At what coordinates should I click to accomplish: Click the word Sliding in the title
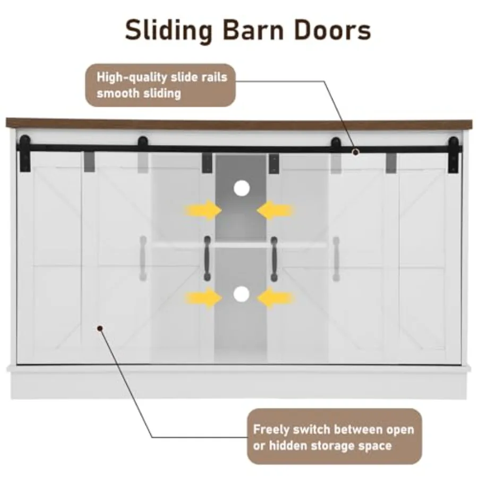168,31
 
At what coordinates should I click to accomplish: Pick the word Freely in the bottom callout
271,430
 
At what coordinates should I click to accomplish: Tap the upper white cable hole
242,188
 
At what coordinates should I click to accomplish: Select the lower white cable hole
242,294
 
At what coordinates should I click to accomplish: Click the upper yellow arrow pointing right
203,210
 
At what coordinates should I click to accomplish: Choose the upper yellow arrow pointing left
275,210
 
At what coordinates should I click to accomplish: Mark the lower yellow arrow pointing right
204,297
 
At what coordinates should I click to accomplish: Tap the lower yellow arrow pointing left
276,298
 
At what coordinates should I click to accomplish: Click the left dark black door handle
207,258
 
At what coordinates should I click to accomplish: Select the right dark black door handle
274,259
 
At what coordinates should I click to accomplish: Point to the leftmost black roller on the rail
24,153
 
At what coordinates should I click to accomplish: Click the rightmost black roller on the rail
454,155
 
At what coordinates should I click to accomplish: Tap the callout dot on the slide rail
355,152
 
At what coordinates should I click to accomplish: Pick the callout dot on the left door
100,328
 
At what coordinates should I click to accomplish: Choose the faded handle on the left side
143,258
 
